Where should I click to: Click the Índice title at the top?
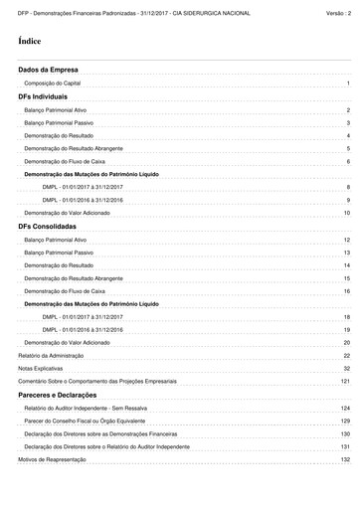pos(30,45)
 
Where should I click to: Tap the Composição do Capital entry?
pos(56,86)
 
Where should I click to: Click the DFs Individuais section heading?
pos(43,98)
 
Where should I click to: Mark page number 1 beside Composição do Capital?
pos(348,86)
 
